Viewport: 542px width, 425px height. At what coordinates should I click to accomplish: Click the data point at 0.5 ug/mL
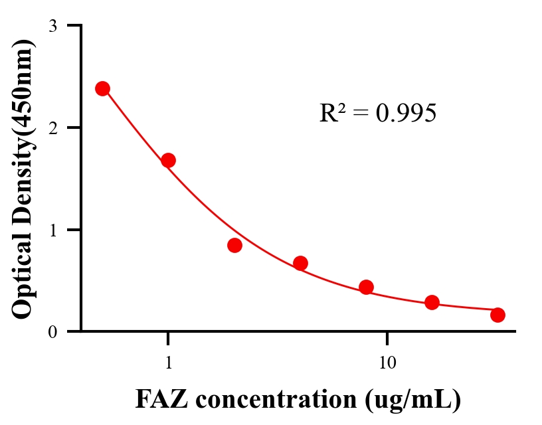pos(102,88)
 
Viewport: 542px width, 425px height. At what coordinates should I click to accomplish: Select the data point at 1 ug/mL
pos(168,160)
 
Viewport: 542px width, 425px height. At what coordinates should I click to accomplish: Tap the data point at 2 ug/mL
pos(234,245)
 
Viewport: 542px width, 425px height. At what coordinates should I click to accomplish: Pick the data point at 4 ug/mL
pos(300,263)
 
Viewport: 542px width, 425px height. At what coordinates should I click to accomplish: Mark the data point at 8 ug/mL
pos(366,287)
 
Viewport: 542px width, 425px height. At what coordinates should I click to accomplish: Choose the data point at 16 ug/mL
pos(432,302)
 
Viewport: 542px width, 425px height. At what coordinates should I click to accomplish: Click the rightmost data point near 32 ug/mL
pos(497,315)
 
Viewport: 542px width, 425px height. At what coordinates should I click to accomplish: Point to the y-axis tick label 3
pos(52,26)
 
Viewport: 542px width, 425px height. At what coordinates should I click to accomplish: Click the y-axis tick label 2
pos(52,127)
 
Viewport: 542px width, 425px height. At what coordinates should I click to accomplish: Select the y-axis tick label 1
pos(52,230)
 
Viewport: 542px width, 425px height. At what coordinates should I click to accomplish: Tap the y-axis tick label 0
pos(52,332)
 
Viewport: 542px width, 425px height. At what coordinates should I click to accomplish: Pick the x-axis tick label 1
pos(168,363)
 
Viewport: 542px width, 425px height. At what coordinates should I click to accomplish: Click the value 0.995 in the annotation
pos(406,114)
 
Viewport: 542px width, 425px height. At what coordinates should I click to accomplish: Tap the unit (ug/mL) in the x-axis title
pos(412,400)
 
